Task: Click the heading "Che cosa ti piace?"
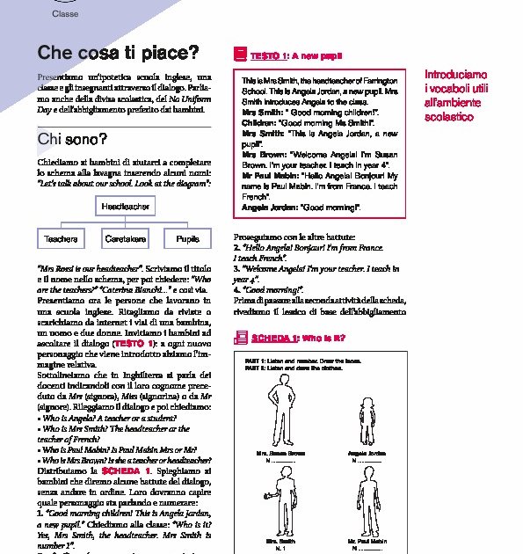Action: tap(118, 53)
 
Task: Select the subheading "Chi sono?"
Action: tap(72, 140)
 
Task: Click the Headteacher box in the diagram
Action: tap(125, 207)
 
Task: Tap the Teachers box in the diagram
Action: tap(61, 239)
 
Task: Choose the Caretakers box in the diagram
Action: tap(125, 239)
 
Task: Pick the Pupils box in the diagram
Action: tap(188, 239)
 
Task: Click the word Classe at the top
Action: tap(64, 15)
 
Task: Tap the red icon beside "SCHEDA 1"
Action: tap(240, 336)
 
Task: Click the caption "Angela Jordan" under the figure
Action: tap(367, 453)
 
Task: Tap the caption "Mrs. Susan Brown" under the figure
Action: tap(280, 453)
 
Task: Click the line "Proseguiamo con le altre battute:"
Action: tap(294, 237)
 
